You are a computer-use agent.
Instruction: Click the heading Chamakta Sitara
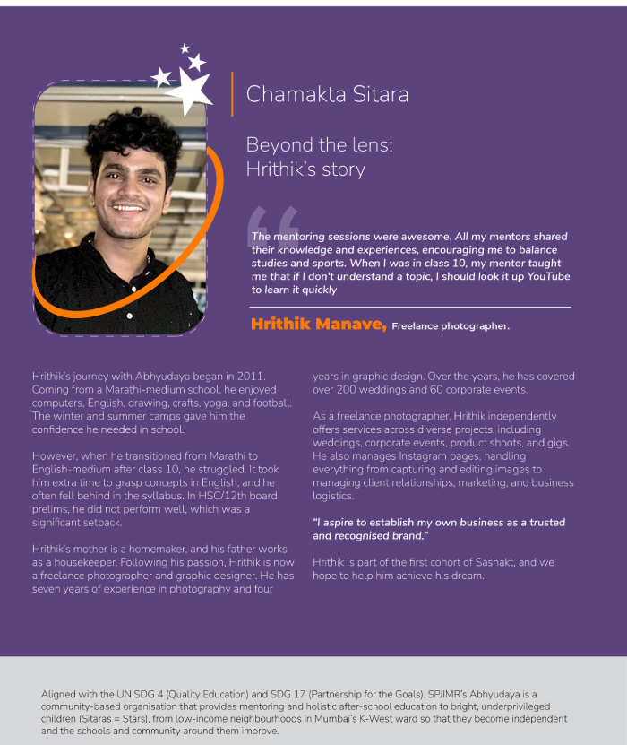tap(327, 94)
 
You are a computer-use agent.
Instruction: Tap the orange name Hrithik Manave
tap(319, 325)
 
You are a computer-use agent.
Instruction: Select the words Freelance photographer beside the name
tap(450, 326)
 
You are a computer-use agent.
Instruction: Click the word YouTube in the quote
tap(548, 277)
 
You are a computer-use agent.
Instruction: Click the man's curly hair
tap(134, 134)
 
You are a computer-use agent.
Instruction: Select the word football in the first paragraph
tap(271, 403)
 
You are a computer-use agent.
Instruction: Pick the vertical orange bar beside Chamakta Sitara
tap(232, 94)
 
